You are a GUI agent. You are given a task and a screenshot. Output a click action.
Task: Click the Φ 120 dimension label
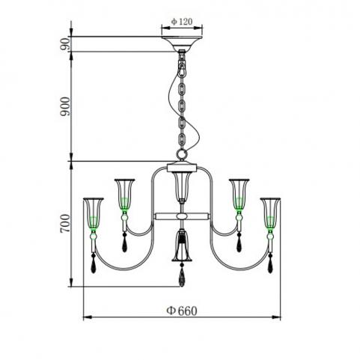182,22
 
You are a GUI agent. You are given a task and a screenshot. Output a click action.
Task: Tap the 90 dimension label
65,44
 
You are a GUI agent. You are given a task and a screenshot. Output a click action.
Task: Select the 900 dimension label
65,106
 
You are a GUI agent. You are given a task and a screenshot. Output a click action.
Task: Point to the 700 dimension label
65,223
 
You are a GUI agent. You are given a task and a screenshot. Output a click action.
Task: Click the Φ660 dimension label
182,311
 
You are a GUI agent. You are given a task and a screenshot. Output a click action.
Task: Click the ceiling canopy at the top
182,43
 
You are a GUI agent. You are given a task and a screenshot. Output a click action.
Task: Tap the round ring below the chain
182,154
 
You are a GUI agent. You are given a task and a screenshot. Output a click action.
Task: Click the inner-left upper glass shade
124,194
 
